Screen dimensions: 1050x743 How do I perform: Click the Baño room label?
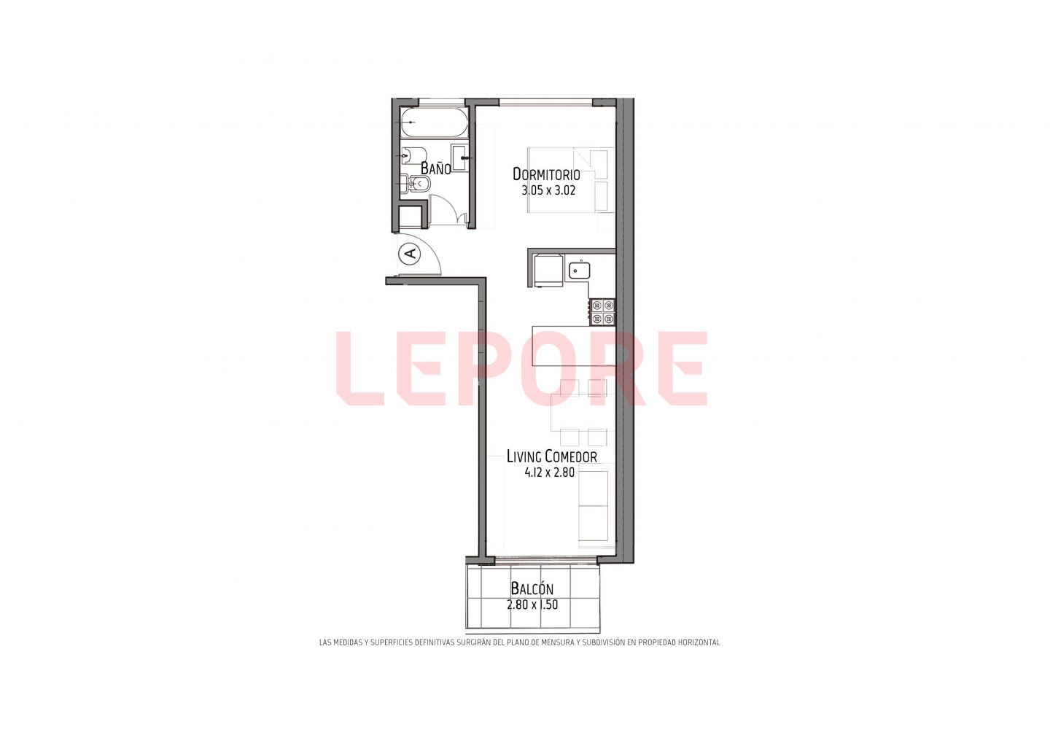435,168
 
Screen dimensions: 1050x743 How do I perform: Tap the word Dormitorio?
546,174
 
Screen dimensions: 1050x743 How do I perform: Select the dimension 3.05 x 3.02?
548,191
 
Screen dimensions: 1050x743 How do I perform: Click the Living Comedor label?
552,456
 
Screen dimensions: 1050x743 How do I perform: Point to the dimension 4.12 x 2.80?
549,472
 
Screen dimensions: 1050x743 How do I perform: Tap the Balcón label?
532,588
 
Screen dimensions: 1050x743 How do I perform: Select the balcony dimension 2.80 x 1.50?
532,604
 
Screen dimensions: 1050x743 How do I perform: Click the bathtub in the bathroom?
435,122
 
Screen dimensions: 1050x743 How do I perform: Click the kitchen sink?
580,271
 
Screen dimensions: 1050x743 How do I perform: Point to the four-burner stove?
603,312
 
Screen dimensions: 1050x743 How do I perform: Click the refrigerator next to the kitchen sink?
549,270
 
